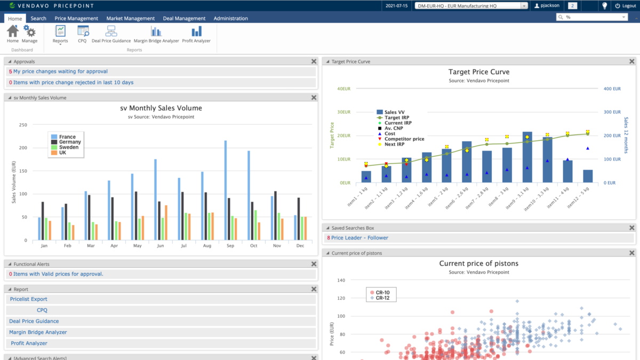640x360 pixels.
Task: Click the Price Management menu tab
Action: point(76,18)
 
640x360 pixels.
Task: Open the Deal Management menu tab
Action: point(184,18)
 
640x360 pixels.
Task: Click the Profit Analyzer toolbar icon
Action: point(196,34)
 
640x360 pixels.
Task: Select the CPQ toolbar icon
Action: point(83,34)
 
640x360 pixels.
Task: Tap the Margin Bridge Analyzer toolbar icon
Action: point(156,34)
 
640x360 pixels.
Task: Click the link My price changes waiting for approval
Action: point(60,71)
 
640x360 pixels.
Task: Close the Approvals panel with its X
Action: point(314,61)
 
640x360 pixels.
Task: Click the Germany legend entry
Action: point(70,142)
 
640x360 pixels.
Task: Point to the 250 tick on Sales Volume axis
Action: point(23,125)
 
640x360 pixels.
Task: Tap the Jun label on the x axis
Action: point(161,246)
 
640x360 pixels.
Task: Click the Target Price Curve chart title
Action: point(478,72)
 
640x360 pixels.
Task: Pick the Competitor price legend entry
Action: point(404,139)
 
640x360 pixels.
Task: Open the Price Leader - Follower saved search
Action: point(359,238)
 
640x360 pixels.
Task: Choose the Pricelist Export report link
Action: point(29,299)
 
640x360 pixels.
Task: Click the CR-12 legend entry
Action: point(382,298)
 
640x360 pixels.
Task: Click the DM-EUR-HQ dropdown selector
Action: point(471,6)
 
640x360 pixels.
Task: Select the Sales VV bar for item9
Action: point(527,157)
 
